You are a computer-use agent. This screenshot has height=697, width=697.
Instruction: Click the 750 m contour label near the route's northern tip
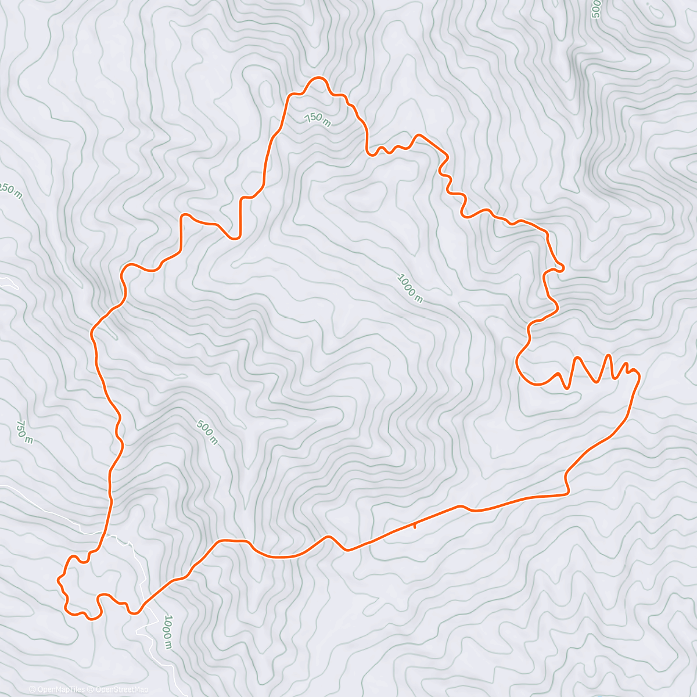point(317,118)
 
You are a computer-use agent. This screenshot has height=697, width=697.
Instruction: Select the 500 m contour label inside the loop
point(207,432)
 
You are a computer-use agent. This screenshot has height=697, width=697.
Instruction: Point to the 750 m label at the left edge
point(24,432)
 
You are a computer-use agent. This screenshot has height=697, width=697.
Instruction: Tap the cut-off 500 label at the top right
point(595,9)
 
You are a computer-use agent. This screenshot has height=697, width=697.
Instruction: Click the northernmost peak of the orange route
point(317,77)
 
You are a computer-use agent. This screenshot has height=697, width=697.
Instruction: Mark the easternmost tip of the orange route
point(639,376)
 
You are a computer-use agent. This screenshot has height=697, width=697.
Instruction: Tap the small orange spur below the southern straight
point(414,526)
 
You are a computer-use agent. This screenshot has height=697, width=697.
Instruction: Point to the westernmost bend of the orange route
point(58,580)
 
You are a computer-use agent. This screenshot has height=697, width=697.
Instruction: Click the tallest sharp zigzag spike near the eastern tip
point(608,355)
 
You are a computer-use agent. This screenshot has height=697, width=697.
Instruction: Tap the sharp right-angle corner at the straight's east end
point(567,493)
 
